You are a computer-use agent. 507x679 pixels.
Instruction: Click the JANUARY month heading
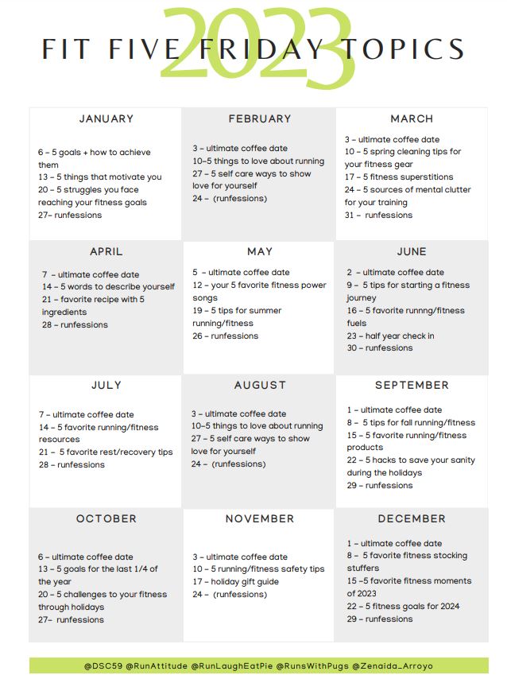point(106,119)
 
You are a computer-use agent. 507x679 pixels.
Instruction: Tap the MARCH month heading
point(412,119)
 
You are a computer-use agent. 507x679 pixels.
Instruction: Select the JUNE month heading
point(412,252)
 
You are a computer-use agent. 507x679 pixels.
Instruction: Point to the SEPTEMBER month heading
point(412,386)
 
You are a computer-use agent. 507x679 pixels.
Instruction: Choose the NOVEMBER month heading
point(260,519)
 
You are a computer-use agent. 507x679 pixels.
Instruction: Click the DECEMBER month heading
point(412,519)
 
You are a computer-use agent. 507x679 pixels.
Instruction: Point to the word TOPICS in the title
point(404,49)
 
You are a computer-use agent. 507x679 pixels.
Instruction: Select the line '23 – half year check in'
point(390,336)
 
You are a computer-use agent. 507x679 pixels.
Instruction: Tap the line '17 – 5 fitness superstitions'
point(399,177)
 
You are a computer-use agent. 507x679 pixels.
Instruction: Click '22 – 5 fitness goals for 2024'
point(403,607)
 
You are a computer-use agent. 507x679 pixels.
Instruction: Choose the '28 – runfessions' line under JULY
point(72,465)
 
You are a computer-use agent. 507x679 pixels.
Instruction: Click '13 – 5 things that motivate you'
point(99,177)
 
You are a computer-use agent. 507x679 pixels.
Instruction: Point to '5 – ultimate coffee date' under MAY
point(241,273)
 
